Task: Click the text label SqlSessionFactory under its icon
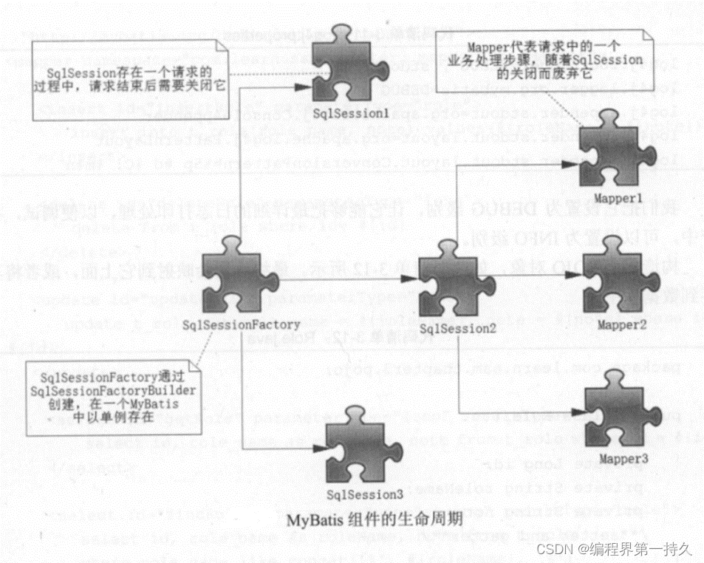241,324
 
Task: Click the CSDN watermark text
614,549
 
